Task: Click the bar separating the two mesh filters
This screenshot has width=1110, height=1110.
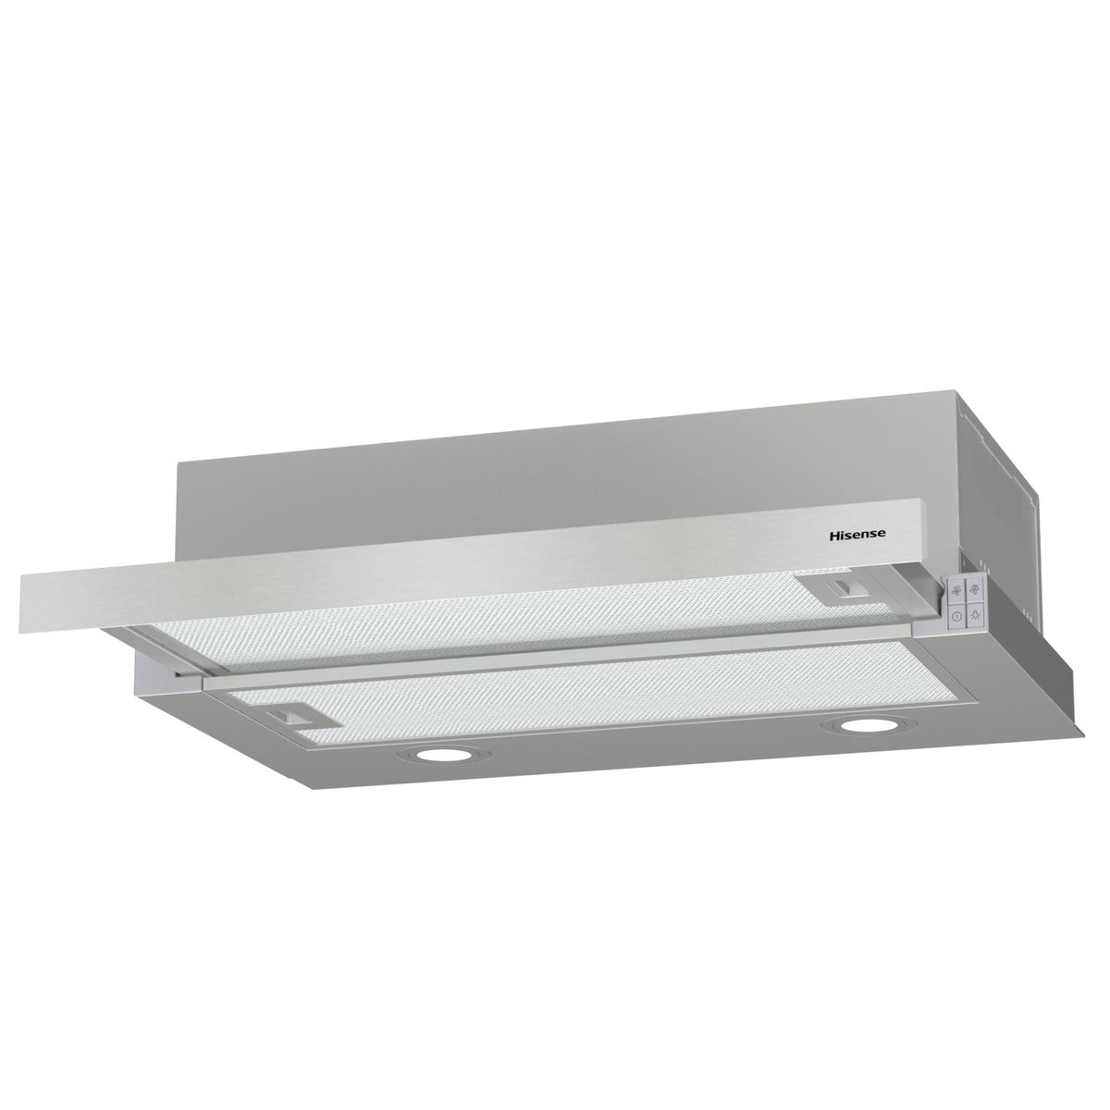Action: (555, 659)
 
